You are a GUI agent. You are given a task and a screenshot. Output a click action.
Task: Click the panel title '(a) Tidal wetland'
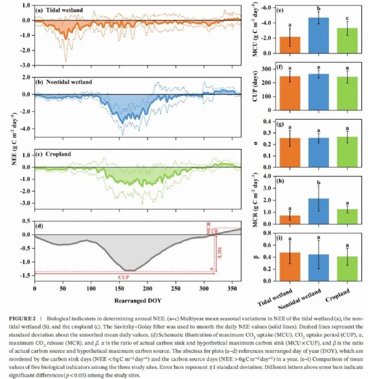point(63,10)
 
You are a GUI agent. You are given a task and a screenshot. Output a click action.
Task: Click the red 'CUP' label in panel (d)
point(123,278)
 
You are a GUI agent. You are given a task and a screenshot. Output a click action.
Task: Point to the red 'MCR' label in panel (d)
point(209,231)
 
